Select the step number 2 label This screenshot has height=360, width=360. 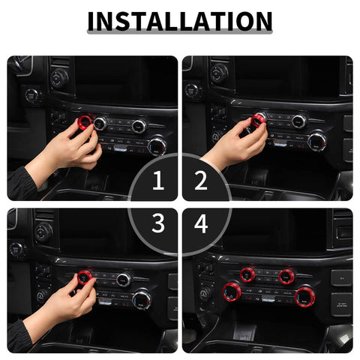201,180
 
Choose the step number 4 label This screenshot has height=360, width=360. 201,223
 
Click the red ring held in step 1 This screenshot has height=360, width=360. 85,121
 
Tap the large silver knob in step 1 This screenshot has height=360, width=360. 157,145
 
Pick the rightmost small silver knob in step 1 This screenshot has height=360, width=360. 139,125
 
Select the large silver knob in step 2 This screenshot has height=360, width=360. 317,140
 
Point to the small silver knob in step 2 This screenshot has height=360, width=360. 298,121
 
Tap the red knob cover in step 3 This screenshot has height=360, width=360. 84,279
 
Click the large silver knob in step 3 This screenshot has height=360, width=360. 142,299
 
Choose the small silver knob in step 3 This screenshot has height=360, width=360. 124,280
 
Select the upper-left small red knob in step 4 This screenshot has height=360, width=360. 247,274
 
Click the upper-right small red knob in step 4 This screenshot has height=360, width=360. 286,276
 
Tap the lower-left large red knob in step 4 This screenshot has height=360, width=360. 231,291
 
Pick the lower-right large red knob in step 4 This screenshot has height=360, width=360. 304,296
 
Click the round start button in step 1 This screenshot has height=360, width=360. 32,95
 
